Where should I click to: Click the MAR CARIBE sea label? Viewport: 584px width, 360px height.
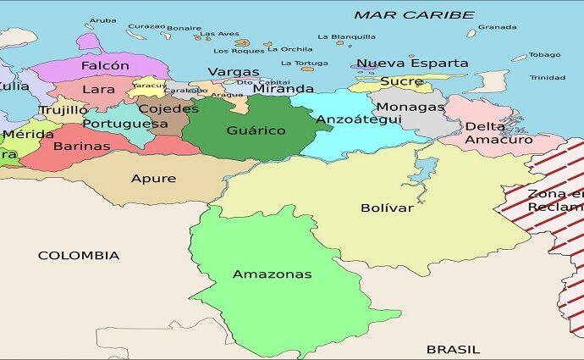pos(414,15)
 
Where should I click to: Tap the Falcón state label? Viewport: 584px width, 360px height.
pos(105,65)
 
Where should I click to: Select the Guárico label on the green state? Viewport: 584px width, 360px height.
pos(256,130)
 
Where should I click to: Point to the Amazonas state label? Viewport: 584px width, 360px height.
pos(272,274)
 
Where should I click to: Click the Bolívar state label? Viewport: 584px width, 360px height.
pos(387,208)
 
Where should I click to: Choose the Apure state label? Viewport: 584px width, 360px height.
pos(153,178)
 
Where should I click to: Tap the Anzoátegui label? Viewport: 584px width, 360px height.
pos(358,119)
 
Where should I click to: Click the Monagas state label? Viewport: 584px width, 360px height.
pos(410,107)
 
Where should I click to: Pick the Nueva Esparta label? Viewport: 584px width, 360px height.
pos(411,64)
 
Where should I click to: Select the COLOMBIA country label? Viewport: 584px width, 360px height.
pos(78,255)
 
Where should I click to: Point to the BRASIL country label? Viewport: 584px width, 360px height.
pos(453,349)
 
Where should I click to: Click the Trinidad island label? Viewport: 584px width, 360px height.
pos(548,78)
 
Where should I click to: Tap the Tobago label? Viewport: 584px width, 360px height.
pos(544,55)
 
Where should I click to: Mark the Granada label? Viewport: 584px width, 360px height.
pos(497,27)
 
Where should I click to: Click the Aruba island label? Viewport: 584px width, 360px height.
pos(102,20)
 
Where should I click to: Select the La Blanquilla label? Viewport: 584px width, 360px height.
pos(346,37)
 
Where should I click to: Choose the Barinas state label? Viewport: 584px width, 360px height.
pos(81,146)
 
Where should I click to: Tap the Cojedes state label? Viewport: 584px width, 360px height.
pos(168,108)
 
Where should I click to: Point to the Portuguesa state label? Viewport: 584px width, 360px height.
pos(125,124)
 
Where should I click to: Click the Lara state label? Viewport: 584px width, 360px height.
pos(98,89)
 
